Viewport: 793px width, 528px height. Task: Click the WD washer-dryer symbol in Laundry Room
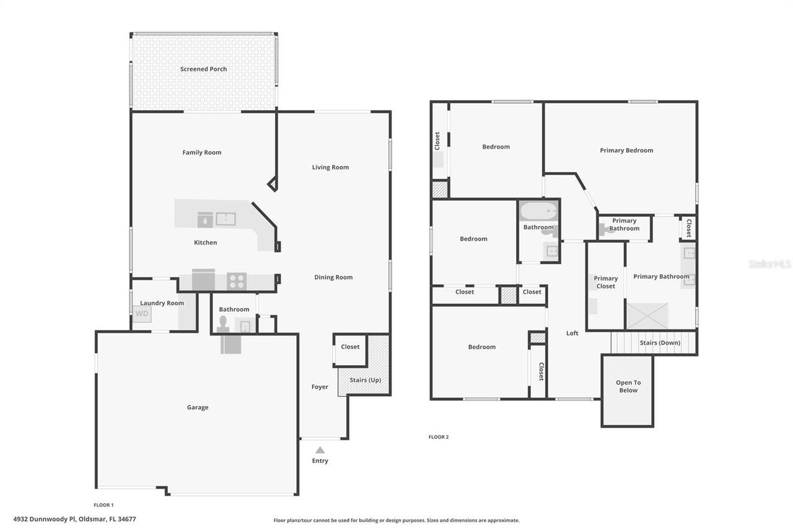(x=142, y=314)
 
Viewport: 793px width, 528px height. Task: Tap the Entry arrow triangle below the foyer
(x=320, y=450)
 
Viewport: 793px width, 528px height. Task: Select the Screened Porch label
(x=203, y=69)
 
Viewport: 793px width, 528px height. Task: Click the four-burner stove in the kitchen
(x=237, y=281)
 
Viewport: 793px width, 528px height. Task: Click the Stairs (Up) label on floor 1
(x=366, y=380)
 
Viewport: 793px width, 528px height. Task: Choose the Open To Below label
(x=628, y=386)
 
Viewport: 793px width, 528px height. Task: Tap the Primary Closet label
(x=605, y=282)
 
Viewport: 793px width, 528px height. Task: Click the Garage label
(x=198, y=407)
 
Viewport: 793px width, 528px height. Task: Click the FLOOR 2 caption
(x=438, y=437)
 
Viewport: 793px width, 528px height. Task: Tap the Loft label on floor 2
(x=572, y=333)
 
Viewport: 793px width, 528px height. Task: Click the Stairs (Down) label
(x=659, y=343)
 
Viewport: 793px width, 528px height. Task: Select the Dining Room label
(x=333, y=277)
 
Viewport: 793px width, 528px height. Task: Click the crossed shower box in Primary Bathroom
(x=647, y=316)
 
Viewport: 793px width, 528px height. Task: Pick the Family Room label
(x=201, y=152)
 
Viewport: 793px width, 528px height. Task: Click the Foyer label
(x=320, y=387)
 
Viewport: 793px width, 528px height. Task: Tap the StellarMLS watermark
(x=769, y=264)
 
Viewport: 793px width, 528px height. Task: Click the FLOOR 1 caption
(x=103, y=505)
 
